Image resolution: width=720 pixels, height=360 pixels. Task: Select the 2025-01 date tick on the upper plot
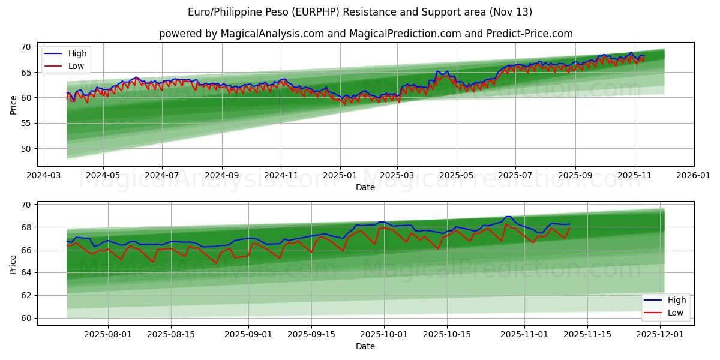(x=340, y=176)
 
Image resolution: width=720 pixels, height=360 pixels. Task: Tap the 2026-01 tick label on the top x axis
(x=693, y=176)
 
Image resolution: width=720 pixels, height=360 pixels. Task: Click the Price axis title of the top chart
(x=14, y=105)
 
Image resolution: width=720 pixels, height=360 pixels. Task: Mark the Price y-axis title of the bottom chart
(x=14, y=264)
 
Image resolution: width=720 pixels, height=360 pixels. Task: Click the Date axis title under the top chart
(x=365, y=187)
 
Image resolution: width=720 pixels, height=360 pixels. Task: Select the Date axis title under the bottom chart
(x=365, y=346)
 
